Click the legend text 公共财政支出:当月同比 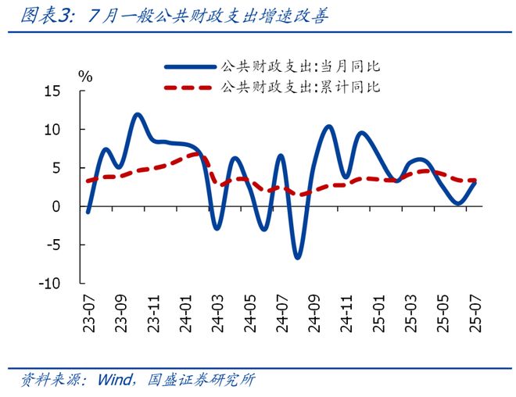301,66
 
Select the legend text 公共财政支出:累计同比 301,86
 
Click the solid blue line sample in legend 189,66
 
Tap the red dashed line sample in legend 189,87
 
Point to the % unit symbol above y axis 85,76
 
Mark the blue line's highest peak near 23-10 137,115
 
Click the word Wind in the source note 114,381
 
